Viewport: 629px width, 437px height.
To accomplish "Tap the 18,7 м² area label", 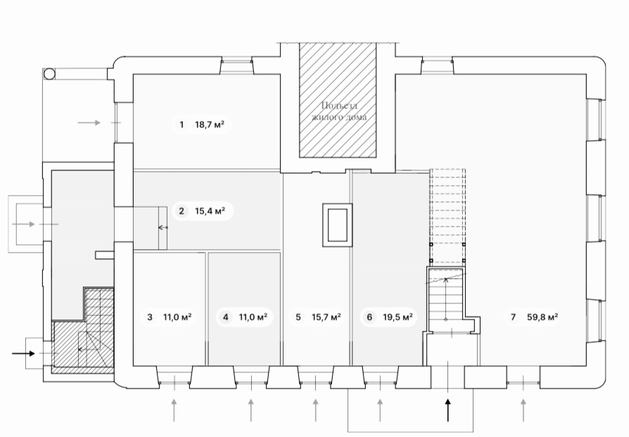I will [x=210, y=125].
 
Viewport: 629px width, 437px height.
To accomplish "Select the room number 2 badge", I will [x=181, y=210].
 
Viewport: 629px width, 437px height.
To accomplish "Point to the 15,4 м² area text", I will [x=210, y=210].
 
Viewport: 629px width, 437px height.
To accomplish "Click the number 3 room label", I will [x=150, y=317].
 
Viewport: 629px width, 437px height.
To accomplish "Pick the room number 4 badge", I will [x=226, y=317].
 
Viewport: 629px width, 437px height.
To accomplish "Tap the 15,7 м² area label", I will [x=327, y=317].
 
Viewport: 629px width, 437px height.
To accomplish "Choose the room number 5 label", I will [x=298, y=317].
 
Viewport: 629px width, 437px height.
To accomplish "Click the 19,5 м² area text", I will [x=398, y=317].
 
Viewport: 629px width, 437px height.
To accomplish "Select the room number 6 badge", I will [x=369, y=317].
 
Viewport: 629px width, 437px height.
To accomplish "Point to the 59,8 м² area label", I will [x=542, y=317].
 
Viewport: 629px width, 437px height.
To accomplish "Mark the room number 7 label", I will [x=513, y=317].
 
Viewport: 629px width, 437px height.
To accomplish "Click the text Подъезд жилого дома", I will [x=339, y=111].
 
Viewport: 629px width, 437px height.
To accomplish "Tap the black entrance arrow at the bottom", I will [x=447, y=410].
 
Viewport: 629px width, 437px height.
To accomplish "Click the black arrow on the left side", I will [x=24, y=353].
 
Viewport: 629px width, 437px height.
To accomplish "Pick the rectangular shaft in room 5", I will [x=336, y=224].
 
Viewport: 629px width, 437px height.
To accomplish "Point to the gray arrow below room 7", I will [x=523, y=410].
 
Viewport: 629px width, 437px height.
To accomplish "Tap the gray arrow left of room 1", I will [x=89, y=122].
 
